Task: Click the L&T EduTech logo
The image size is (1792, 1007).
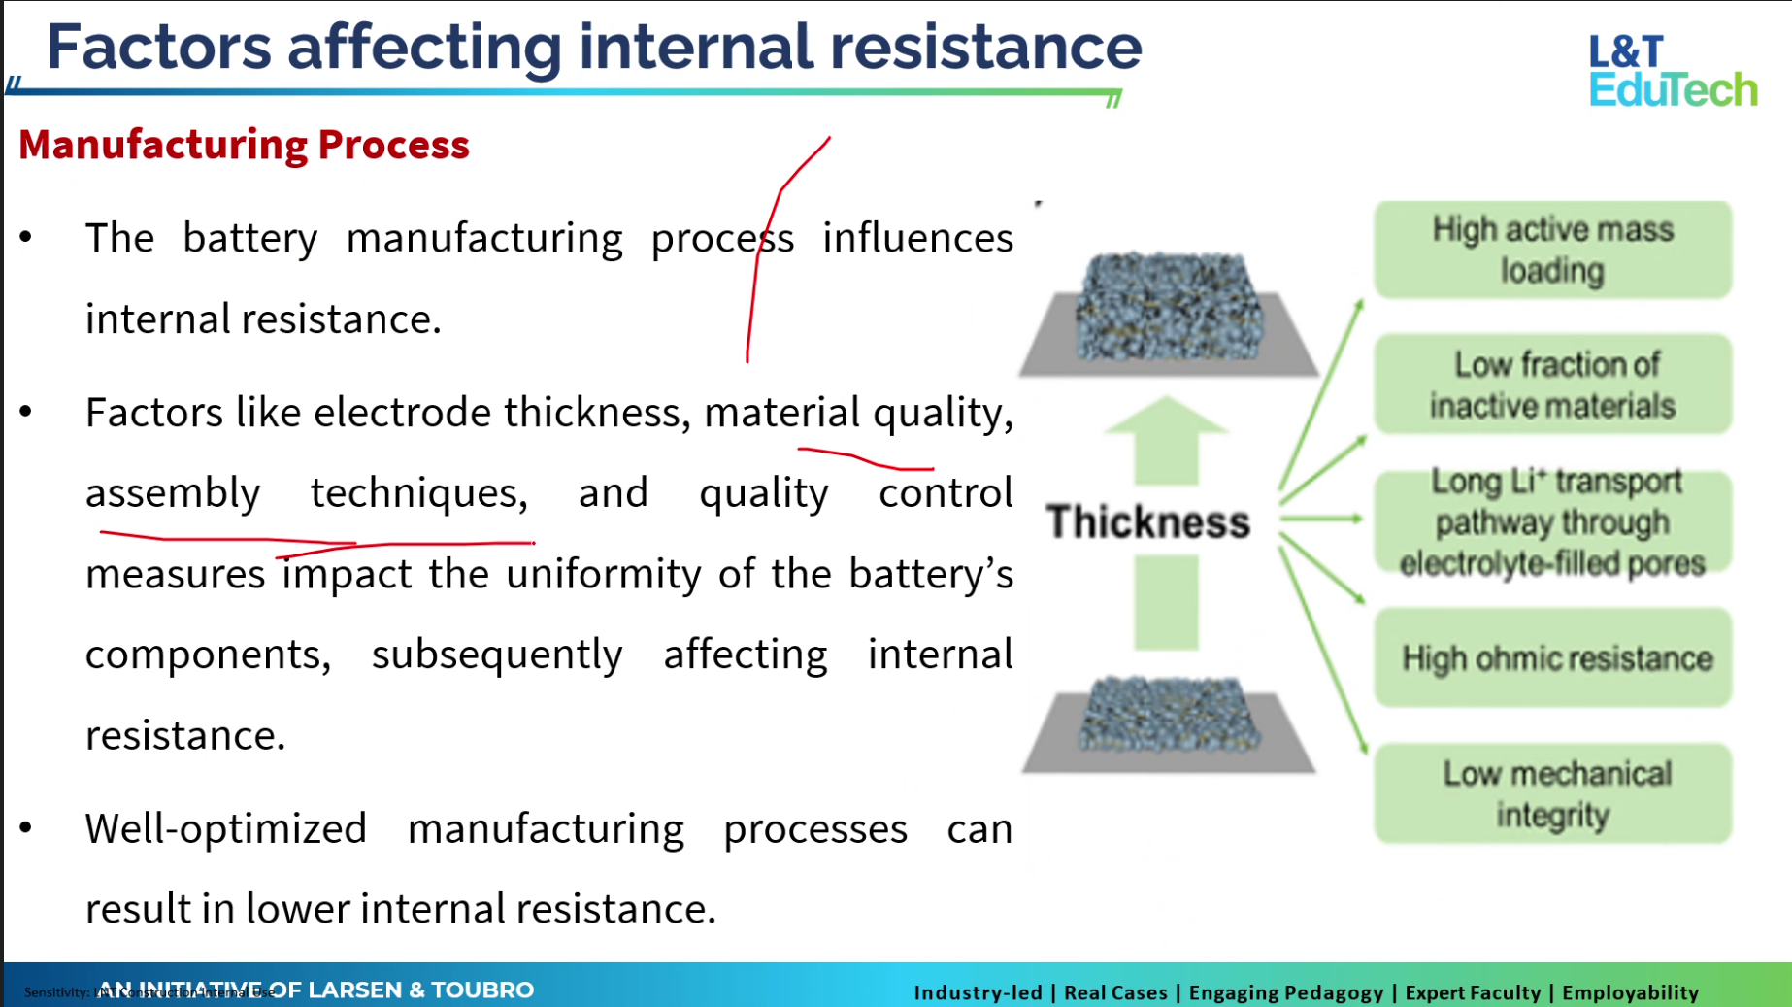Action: [1672, 70]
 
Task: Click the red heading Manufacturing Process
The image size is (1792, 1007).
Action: [244, 145]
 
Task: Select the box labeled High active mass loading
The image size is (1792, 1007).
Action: [1552, 250]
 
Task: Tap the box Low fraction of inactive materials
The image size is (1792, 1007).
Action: [1552, 385]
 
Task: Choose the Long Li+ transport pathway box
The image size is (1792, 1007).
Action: [1552, 522]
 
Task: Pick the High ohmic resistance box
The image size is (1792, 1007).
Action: [1552, 658]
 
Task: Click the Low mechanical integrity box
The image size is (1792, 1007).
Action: [1552, 793]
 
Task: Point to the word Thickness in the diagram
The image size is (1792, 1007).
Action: [1147, 522]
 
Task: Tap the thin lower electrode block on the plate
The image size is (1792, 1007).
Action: [1169, 715]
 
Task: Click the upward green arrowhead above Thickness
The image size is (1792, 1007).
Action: [1166, 418]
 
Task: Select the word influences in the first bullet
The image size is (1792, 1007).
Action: [917, 238]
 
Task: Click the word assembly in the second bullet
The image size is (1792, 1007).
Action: [173, 493]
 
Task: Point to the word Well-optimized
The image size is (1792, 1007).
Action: [225, 829]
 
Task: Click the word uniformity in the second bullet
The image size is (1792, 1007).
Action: [603, 574]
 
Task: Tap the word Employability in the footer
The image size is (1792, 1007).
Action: [1630, 992]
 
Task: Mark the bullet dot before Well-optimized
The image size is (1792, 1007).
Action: [26, 827]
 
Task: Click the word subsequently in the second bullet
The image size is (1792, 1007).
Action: [497, 655]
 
